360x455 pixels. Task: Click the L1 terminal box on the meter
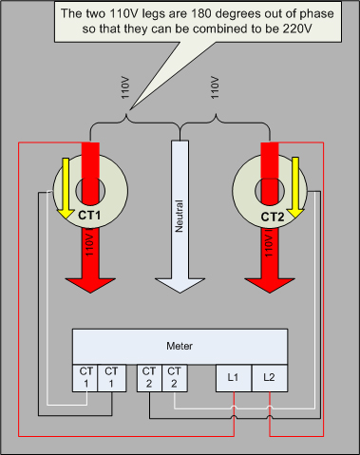[234, 378]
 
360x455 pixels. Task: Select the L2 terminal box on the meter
[270, 378]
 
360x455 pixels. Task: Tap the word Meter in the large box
[180, 346]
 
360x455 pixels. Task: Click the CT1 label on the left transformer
[89, 216]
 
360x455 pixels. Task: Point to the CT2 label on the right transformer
[273, 218]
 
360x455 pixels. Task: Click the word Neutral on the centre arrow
[180, 216]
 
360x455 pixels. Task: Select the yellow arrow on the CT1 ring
[66, 188]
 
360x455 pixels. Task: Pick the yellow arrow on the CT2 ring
[295, 187]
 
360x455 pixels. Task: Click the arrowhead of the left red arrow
[90, 285]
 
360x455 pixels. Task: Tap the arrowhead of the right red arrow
[270, 285]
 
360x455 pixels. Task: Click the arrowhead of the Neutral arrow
[180, 286]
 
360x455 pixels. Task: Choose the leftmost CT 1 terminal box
[85, 378]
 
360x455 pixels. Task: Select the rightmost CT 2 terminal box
[175, 378]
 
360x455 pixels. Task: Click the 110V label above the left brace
[125, 87]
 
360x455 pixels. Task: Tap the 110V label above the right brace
[215, 87]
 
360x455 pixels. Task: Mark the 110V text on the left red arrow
[89, 245]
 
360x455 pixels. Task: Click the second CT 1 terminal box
[111, 378]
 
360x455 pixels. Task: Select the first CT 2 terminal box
[149, 378]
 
